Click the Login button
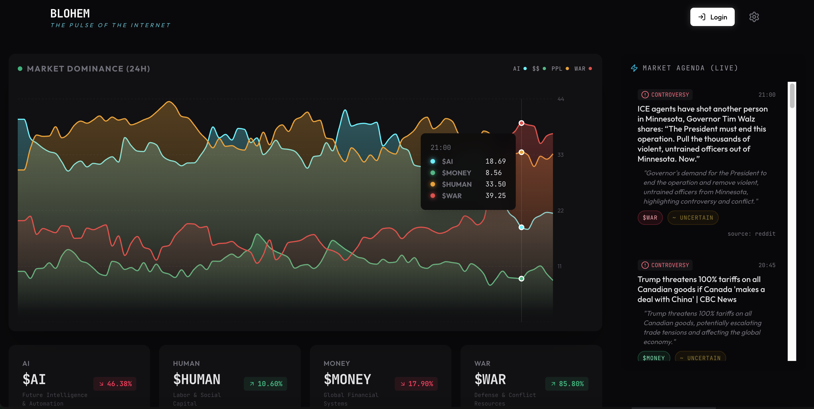point(712,17)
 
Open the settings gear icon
point(754,17)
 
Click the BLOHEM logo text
point(70,13)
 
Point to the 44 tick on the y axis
point(561,99)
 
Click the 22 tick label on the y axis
point(560,211)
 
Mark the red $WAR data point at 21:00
point(521,123)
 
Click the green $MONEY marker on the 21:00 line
point(521,279)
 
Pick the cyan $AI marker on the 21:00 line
point(521,227)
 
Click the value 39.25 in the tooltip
point(495,196)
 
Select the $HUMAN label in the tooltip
point(456,184)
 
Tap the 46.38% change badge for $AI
point(115,384)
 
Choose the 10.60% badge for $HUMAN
point(265,384)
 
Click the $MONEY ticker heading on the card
point(347,379)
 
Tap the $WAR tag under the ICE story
point(650,218)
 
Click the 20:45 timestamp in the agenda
point(766,265)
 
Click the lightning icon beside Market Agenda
point(634,68)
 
